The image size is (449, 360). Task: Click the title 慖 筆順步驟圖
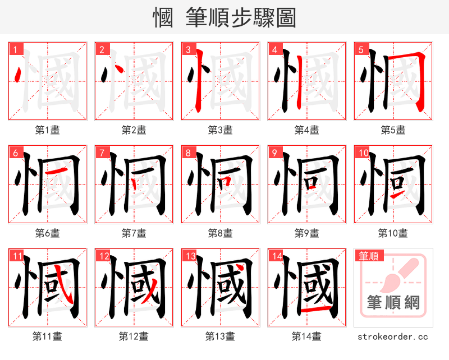coord(224,18)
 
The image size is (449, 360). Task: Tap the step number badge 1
coord(15,49)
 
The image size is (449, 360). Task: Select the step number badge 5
coord(360,49)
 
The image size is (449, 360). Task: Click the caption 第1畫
coord(48,130)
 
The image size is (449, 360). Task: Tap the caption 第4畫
coord(307,130)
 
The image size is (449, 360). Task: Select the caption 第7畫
coord(134,233)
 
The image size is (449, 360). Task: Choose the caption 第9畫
coord(307,233)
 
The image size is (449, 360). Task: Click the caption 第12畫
coord(134,336)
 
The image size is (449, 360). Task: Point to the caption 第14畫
coord(307,336)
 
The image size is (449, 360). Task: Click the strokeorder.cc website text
coord(393,336)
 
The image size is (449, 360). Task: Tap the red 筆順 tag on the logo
coord(368,256)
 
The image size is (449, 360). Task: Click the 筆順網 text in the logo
coord(393,303)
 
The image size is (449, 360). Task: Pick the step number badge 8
coord(187,153)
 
